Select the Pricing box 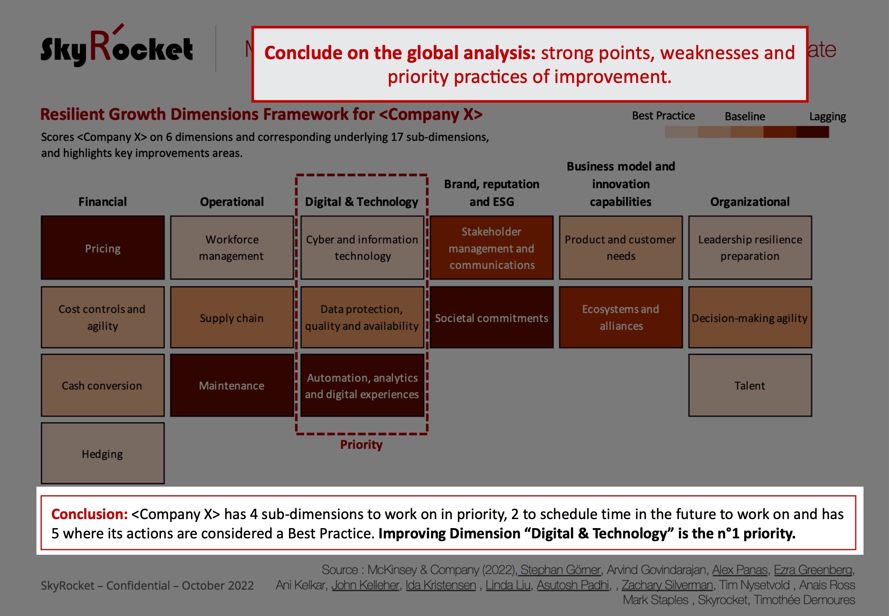103,248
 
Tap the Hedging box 103,453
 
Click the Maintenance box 232,385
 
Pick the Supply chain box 232,317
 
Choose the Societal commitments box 492,317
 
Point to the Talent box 750,385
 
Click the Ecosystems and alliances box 621,317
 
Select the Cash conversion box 103,385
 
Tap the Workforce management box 232,248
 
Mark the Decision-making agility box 750,317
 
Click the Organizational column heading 750,202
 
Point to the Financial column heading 103,202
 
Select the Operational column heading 232,202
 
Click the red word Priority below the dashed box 361,445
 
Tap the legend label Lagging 827,117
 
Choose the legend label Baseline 745,117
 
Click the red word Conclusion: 89,514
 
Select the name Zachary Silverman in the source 667,585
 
